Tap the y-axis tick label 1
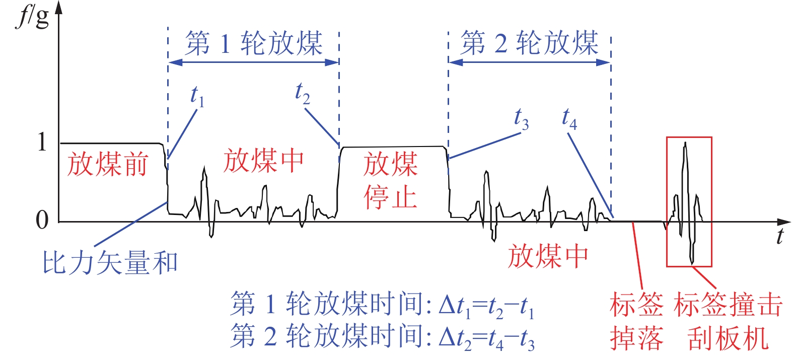coord(42,142)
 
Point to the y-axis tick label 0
coord(42,220)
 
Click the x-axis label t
coord(779,236)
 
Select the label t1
coord(197,96)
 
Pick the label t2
coord(302,93)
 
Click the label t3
coord(521,119)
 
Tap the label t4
coord(569,118)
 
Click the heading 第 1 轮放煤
coord(254,43)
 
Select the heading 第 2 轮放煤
coord(529,43)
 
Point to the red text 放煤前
coord(108,164)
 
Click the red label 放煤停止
coord(390,180)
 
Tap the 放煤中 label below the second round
coord(548,256)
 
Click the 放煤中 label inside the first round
coord(263,161)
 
